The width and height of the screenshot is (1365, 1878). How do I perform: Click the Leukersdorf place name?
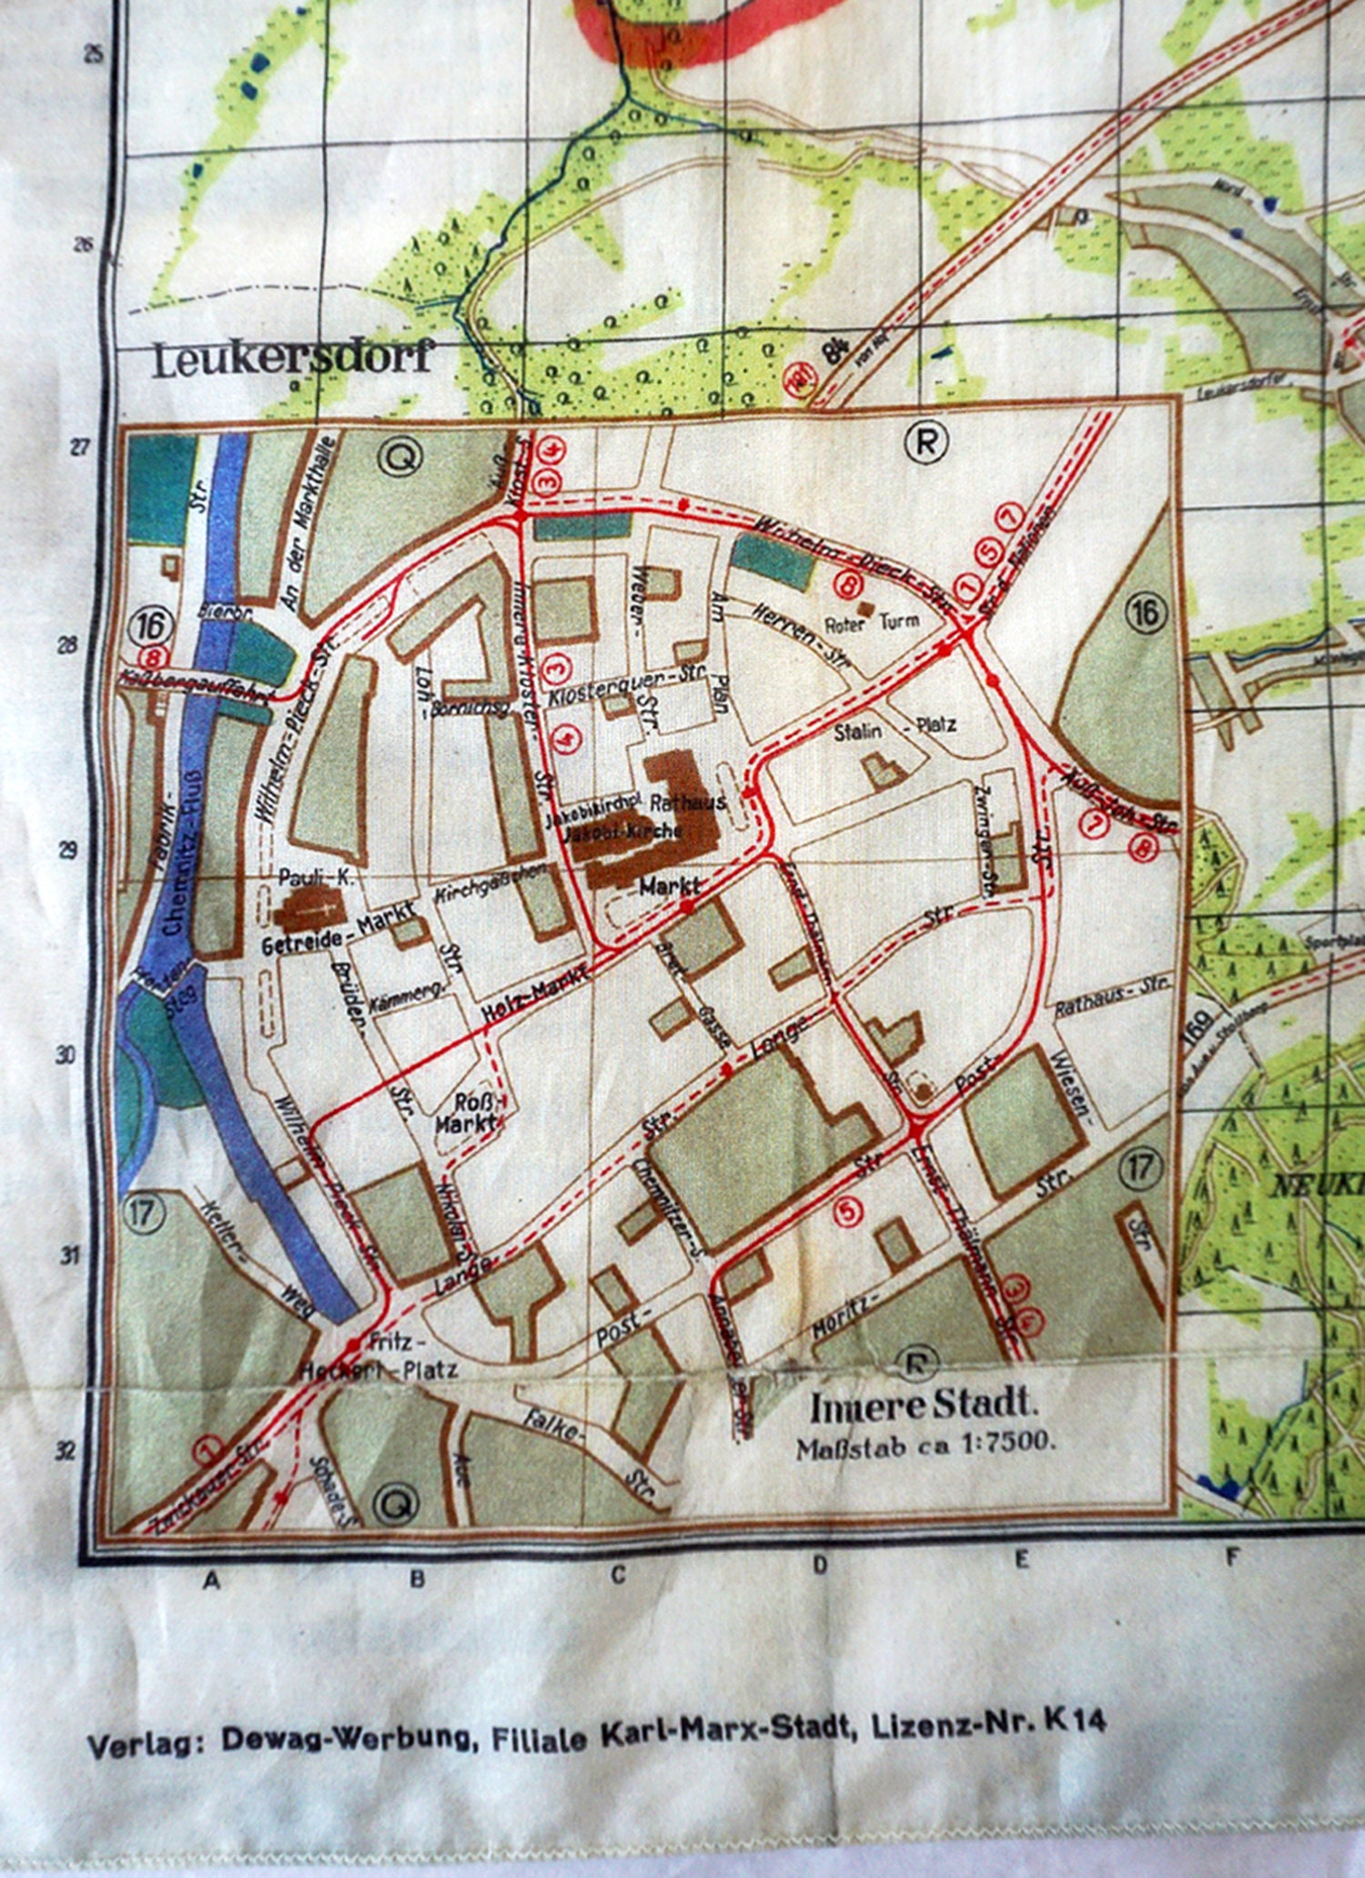[x=291, y=359]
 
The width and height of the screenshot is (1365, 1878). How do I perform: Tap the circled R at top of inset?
[x=925, y=442]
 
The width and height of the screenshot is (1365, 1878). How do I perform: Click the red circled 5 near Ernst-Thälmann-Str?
[x=846, y=1211]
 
